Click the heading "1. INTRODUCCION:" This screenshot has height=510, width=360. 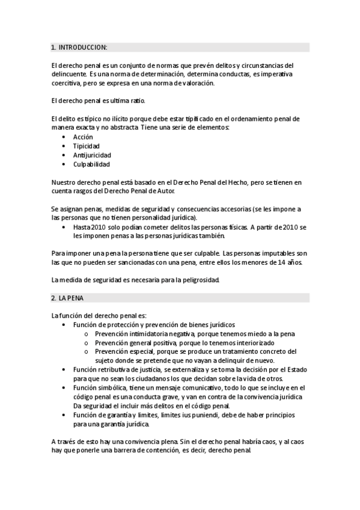(79, 47)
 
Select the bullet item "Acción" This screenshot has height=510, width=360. (83, 137)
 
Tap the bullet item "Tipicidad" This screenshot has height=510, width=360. (87, 146)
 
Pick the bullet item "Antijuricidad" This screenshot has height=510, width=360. (92, 155)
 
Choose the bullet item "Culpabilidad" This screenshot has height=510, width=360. (91, 164)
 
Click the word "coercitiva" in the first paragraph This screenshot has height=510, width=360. (67, 83)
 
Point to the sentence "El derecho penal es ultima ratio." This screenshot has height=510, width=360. (98, 100)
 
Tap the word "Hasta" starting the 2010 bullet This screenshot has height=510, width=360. (82, 227)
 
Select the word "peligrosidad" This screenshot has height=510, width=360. (201, 280)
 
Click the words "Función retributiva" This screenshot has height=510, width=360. (100, 369)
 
